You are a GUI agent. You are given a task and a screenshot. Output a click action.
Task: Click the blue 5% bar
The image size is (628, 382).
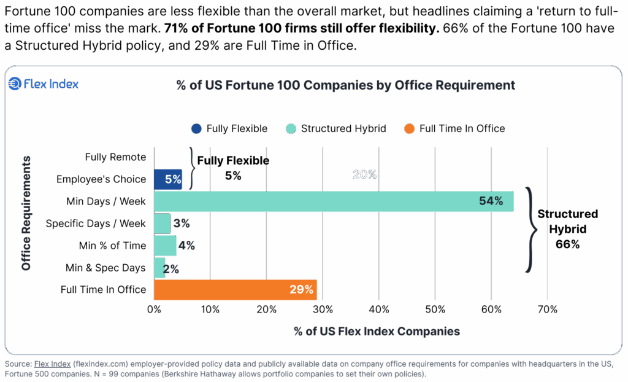[167, 179]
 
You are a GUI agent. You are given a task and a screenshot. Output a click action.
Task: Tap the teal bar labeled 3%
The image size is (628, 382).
[162, 223]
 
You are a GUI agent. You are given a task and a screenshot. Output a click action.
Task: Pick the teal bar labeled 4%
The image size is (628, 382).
[165, 245]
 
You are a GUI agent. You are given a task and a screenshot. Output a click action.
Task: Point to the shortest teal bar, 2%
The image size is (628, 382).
[159, 267]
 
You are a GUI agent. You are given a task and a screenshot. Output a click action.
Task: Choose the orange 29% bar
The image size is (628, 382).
[235, 290]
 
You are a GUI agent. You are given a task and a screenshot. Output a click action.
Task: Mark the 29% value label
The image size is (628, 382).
[301, 290]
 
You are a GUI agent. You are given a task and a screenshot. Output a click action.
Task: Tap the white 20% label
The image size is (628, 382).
[364, 175]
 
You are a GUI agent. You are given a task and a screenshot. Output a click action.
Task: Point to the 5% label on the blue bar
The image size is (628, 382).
[173, 179]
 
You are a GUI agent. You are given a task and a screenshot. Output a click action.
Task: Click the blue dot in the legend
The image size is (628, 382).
[196, 129]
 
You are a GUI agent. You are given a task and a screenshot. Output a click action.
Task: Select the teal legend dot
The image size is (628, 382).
[291, 129]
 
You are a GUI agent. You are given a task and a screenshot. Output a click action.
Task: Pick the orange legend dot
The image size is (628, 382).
[410, 129]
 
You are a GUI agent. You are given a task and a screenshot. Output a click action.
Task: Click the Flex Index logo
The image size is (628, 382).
[43, 84]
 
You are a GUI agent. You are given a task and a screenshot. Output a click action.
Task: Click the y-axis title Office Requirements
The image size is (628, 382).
[26, 212]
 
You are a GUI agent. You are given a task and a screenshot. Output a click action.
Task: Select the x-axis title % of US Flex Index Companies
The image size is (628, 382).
[377, 332]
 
